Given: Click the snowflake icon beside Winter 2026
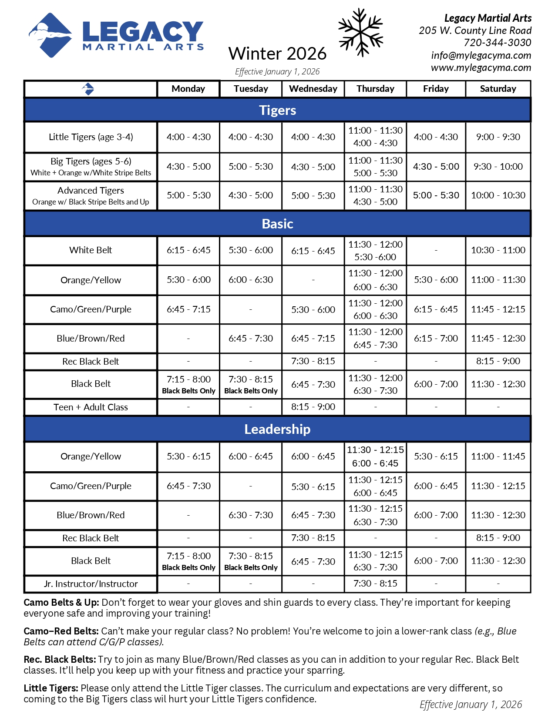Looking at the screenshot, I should click(360, 33).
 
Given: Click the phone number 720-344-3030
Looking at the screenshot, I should click(497, 43).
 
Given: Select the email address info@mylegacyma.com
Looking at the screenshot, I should click(481, 55).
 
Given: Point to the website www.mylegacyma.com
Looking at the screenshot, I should click(481, 67).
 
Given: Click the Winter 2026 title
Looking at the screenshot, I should click(277, 54).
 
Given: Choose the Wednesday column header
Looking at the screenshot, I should click(313, 89).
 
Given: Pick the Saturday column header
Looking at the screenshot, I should click(498, 89).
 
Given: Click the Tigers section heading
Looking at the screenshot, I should click(277, 110).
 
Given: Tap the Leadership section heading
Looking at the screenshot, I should click(277, 429).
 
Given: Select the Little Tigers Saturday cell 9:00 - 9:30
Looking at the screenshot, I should click(498, 137).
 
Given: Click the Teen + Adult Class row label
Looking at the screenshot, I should click(91, 407).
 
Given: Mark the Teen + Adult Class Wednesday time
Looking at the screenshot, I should click(313, 407).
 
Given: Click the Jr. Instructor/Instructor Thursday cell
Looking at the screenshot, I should click(375, 584).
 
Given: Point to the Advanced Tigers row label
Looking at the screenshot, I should click(91, 196).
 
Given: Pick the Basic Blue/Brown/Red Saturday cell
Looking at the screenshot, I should click(498, 339).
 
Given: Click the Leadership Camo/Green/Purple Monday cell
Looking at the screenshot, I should click(188, 486).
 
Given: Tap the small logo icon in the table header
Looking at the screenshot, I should click(88, 89).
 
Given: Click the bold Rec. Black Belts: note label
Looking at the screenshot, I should click(60, 660).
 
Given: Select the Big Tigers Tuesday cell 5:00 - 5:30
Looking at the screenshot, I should click(251, 167).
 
